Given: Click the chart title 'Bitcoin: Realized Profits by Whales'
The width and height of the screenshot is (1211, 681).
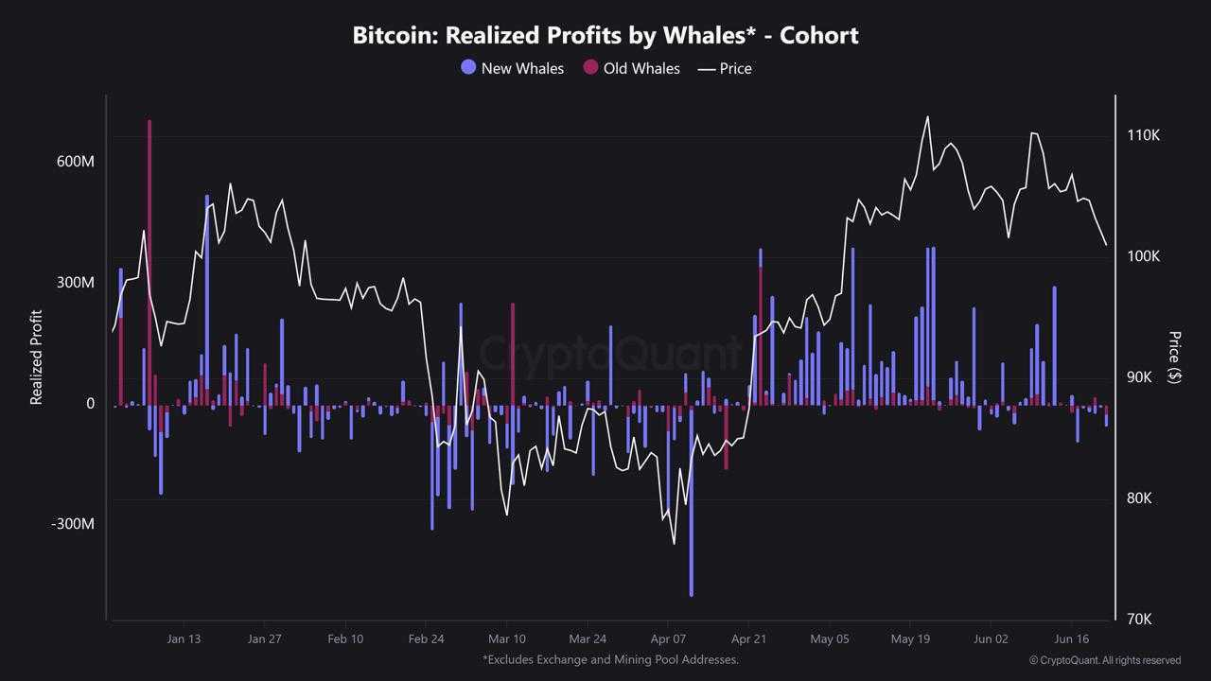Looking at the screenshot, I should (605, 35).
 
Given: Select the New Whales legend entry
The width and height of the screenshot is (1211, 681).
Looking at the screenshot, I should (512, 68).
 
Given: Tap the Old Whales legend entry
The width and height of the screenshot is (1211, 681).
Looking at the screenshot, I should (631, 68).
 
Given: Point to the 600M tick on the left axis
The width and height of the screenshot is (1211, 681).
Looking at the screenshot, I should (76, 162).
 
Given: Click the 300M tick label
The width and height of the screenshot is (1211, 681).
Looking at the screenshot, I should (76, 283).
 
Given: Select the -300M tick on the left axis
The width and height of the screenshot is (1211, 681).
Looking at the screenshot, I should (73, 524).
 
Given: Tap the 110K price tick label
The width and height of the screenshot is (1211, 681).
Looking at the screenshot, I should (1143, 135).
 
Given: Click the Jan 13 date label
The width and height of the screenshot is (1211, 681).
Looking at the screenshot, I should (184, 639).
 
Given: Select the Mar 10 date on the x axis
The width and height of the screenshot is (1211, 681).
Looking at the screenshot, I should (506, 639).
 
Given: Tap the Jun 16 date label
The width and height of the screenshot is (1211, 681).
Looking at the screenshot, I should (1071, 639).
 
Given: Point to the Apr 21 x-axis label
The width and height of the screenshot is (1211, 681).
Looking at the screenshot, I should (748, 639).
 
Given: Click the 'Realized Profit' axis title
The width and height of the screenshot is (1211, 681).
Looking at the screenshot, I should (37, 358).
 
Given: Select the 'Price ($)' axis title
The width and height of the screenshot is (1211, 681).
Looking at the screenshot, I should (1174, 357).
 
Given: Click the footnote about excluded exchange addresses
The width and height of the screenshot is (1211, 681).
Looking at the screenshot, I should (610, 659).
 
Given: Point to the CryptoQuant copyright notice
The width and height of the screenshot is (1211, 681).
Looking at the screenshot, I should (1105, 660).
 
